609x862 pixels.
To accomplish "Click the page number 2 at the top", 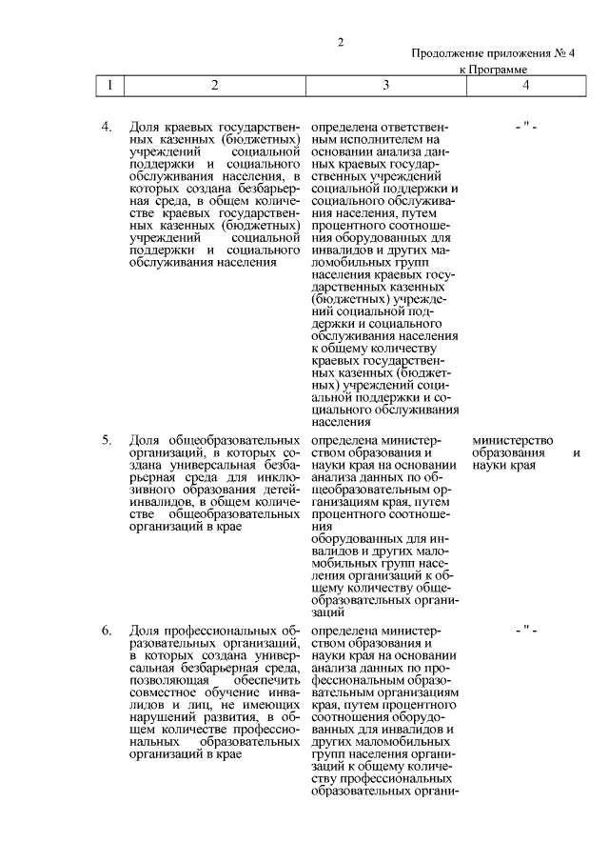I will pyautogui.click(x=340, y=42).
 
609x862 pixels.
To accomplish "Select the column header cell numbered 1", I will pyautogui.click(x=111, y=86).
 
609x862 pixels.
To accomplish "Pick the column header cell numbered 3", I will pyautogui.click(x=385, y=86).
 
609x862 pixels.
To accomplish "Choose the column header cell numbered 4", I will pyautogui.click(x=526, y=86).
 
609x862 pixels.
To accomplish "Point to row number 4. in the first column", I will pyautogui.click(x=108, y=127).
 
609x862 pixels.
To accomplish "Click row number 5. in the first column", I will pyautogui.click(x=108, y=440).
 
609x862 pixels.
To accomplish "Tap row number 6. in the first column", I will pyautogui.click(x=108, y=631).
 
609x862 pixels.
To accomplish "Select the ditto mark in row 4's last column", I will pyautogui.click(x=526, y=127).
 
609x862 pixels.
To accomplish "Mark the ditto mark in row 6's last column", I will pyautogui.click(x=526, y=631).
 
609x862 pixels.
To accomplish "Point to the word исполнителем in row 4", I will pyautogui.click(x=367, y=139).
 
